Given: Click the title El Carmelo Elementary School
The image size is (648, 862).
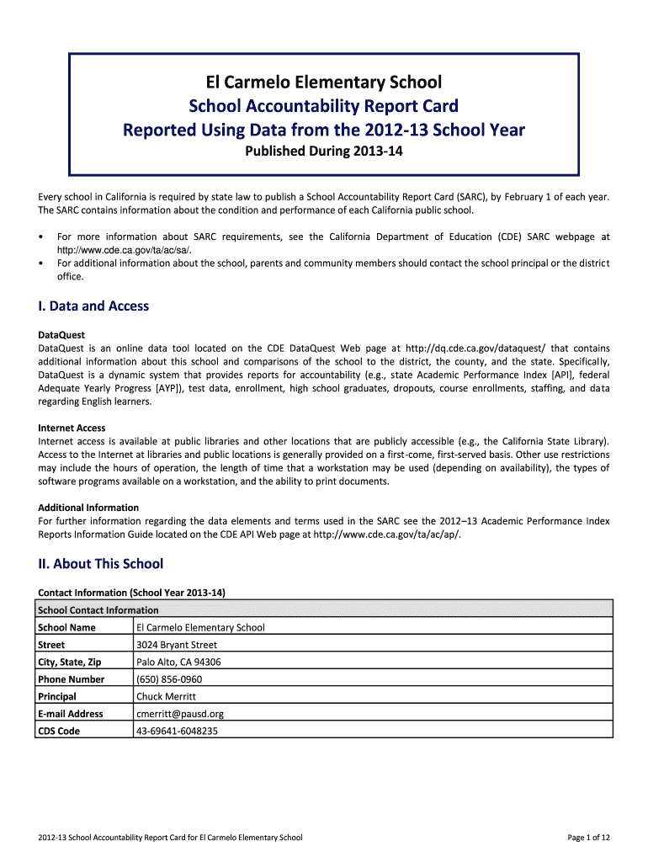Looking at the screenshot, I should (x=324, y=82).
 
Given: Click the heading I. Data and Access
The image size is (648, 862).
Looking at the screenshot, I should (x=93, y=306).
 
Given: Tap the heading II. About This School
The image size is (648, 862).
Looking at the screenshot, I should (x=100, y=564).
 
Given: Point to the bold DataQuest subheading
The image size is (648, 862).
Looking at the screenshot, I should (x=61, y=335).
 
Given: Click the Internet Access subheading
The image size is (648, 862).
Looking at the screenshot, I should (x=72, y=428).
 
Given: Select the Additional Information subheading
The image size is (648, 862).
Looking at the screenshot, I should (x=88, y=508).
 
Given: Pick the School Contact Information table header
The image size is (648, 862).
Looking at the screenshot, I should (x=98, y=610).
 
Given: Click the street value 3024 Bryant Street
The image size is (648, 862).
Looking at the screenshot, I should (x=177, y=645).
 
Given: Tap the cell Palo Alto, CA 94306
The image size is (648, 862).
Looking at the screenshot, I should (x=178, y=662).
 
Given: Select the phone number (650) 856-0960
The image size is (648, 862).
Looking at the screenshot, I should (x=169, y=679).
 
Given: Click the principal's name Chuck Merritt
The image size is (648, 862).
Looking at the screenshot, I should (x=166, y=697).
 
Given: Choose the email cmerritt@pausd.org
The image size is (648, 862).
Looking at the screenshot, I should (x=180, y=714).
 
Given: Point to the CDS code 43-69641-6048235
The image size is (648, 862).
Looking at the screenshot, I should (x=177, y=732).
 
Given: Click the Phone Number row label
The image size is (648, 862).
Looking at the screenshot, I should (x=72, y=679).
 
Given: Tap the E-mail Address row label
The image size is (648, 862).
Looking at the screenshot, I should (x=71, y=714).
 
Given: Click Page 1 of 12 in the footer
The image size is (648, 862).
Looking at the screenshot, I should (x=589, y=838).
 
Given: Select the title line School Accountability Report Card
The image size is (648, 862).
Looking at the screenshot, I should (x=324, y=106).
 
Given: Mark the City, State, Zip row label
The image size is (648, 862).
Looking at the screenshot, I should (x=70, y=662).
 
